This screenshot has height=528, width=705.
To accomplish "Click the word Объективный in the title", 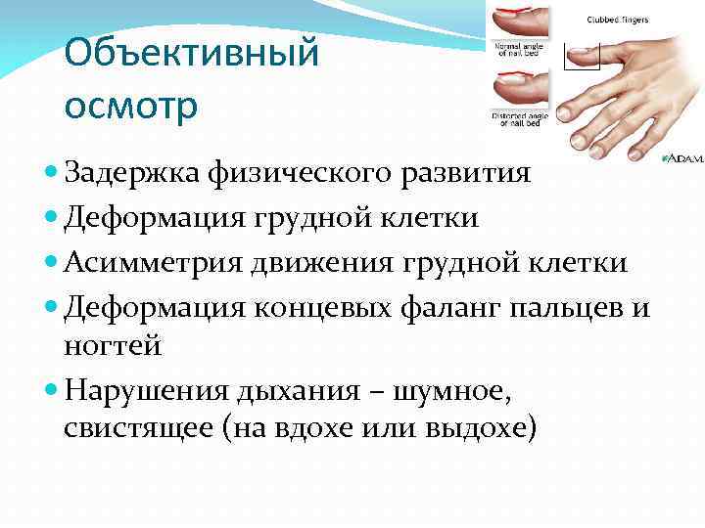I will pyautogui.click(x=191, y=53).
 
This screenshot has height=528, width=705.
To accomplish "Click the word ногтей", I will pyautogui.click(x=114, y=346).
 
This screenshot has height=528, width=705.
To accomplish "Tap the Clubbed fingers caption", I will pyautogui.click(x=617, y=19).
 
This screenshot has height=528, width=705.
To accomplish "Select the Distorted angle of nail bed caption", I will pyautogui.click(x=519, y=118).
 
